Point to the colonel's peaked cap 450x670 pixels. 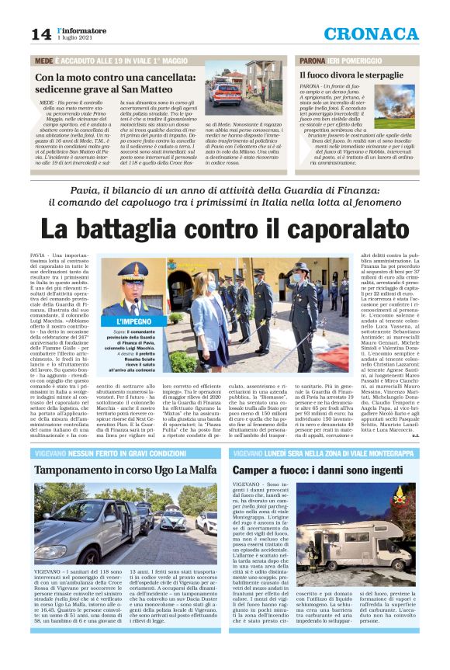click(x=133, y=271)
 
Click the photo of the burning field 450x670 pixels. click(x=393, y=106)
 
